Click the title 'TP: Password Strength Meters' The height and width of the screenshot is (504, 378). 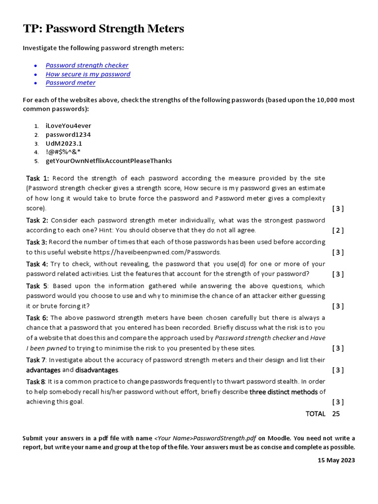[x=103, y=29]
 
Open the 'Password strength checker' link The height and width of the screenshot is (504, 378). [x=87, y=65]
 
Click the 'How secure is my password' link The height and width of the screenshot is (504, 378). [x=88, y=74]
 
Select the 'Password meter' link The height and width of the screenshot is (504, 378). [x=70, y=83]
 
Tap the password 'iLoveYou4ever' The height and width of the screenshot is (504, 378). [x=68, y=126]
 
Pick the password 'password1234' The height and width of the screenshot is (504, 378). [x=68, y=135]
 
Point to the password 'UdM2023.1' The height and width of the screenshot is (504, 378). [x=64, y=144]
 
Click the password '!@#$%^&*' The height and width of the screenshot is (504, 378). [x=63, y=152]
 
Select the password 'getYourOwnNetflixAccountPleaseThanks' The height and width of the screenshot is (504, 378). [x=109, y=161]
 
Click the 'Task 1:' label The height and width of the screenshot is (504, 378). [x=37, y=178]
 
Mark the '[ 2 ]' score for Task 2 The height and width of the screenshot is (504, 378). [x=338, y=230]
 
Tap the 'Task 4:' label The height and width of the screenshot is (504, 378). [x=37, y=264]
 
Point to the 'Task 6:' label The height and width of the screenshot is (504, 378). [x=37, y=318]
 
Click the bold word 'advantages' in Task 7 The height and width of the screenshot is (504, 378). [x=43, y=370]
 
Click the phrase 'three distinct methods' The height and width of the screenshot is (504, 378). [x=283, y=392]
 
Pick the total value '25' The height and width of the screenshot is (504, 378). [x=336, y=414]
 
